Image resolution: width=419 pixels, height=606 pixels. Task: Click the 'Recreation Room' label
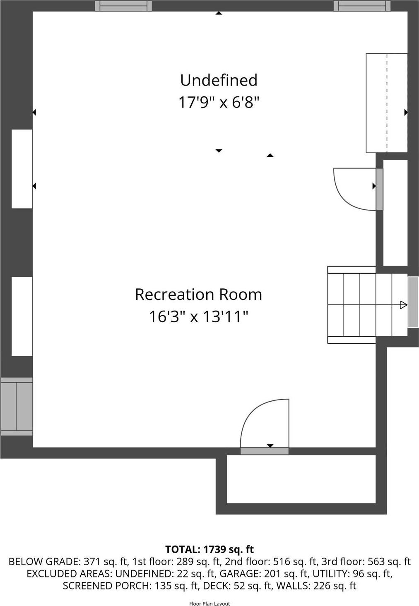coord(198,295)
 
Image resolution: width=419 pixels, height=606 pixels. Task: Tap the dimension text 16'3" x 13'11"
coord(198,317)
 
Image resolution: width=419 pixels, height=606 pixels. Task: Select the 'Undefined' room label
coord(219,80)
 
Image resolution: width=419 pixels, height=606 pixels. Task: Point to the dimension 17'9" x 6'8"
coord(219,102)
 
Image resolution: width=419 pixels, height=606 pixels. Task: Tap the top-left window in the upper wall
coord(123,6)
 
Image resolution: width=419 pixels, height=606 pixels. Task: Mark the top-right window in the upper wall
coord(362,6)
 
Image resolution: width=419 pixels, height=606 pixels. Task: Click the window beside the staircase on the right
coord(413,302)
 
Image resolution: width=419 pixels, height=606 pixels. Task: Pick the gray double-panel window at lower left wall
coord(17,406)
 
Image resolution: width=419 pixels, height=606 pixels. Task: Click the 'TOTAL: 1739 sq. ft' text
coord(209,549)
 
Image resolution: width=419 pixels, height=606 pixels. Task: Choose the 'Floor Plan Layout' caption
coord(209,604)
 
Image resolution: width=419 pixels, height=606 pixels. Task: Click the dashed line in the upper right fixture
coord(387,103)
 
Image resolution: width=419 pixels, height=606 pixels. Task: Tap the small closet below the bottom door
coord(301,479)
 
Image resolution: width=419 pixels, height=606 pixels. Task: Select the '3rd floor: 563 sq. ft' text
coord(367,562)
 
